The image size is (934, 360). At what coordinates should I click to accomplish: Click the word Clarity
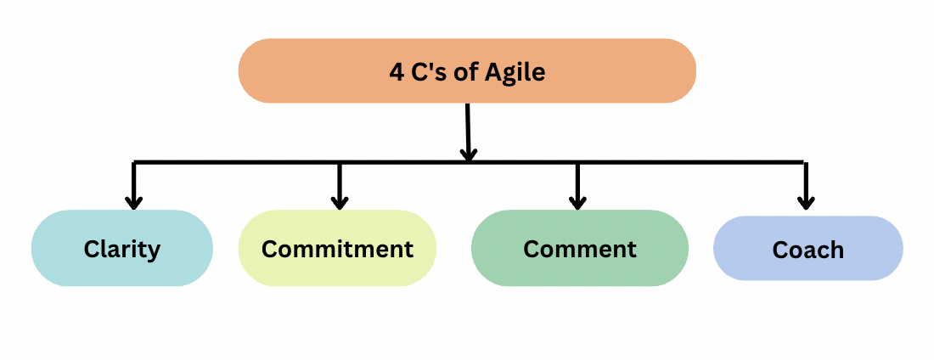click(122, 250)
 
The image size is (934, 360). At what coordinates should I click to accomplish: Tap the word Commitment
click(337, 250)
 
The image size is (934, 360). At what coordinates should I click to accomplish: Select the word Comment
click(580, 249)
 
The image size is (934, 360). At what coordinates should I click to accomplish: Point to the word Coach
click(808, 250)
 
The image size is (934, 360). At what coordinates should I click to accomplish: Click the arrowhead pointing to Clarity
click(133, 202)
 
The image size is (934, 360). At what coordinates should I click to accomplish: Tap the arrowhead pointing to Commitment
click(340, 202)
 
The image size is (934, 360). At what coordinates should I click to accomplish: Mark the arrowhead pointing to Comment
click(577, 202)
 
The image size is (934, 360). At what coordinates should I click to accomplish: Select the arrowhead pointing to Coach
click(806, 202)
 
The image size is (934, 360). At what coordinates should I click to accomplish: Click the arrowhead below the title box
click(468, 155)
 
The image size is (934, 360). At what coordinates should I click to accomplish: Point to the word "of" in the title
click(469, 72)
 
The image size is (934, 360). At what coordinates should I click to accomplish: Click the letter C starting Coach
click(779, 250)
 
